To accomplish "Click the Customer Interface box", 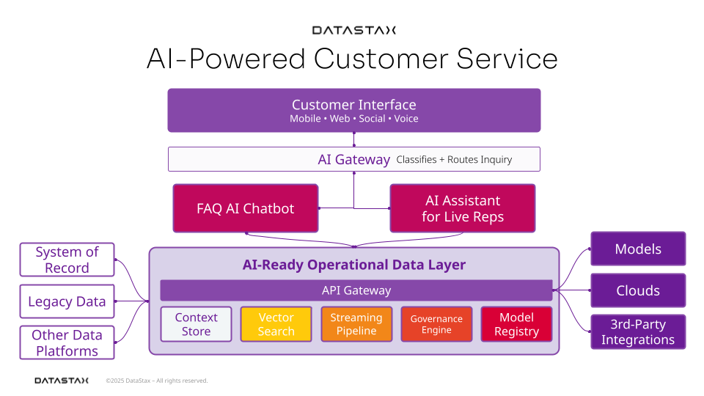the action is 353,111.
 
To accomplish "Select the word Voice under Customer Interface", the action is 406,119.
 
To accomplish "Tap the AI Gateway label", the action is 353,159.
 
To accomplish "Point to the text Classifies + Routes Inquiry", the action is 454,159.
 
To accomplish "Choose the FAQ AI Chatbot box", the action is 246,208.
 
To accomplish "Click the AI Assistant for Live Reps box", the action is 463,208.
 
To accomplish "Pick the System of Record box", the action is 67,260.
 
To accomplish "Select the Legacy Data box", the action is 67,301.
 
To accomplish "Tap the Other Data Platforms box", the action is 67,342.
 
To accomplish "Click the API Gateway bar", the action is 356,290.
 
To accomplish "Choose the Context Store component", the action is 197,324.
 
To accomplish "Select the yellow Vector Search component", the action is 276,324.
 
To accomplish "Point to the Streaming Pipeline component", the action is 356,324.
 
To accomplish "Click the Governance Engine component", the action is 436,324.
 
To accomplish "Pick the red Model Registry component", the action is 516,324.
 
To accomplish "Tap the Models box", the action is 638,249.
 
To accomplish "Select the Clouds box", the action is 638,290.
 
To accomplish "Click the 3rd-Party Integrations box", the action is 638,331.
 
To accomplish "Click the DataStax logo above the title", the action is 353,30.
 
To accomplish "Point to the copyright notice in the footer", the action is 157,381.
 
